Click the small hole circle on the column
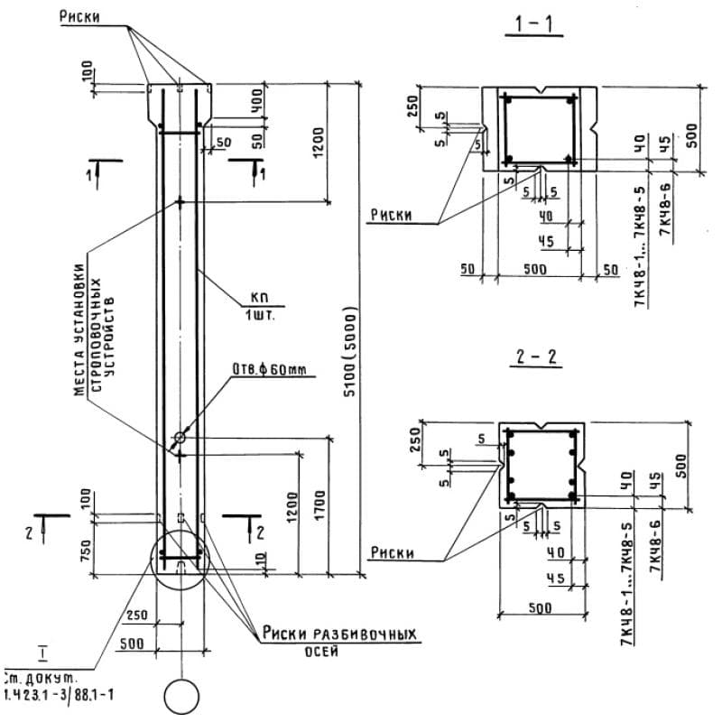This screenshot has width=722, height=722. click(x=180, y=438)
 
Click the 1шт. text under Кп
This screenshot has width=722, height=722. click(x=262, y=318)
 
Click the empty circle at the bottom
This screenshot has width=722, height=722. click(x=180, y=698)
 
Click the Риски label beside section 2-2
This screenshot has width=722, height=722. click(x=391, y=553)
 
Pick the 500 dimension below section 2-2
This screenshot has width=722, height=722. click(x=540, y=607)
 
